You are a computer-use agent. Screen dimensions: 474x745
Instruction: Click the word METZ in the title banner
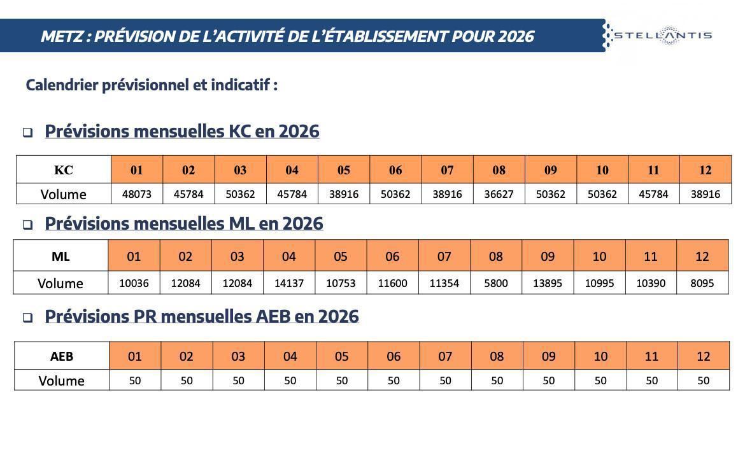pos(62,36)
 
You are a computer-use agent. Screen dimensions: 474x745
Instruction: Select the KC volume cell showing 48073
pos(136,194)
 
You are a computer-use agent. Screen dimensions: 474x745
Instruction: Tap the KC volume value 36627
pos(499,194)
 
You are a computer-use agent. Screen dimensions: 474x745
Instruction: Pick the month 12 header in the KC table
pos(705,170)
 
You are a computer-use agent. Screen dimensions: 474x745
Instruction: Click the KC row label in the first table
pos(63,170)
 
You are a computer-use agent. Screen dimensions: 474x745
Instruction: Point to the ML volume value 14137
pos(289,283)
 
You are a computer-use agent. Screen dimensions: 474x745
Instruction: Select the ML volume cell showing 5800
pos(496,283)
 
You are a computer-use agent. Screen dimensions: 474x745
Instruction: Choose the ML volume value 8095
pos(702,283)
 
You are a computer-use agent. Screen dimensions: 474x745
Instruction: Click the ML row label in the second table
pos(60,256)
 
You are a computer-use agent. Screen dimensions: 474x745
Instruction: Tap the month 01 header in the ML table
pos(134,256)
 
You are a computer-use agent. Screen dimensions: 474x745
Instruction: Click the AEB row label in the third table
pos(62,356)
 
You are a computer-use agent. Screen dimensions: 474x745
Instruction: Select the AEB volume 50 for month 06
pos(394,380)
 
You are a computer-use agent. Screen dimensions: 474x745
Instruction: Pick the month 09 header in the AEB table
pos(548,356)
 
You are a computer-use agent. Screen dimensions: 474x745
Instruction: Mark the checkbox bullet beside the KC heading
pos(28,133)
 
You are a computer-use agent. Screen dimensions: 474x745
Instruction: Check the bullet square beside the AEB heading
pos(28,318)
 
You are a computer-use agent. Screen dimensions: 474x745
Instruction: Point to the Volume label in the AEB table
pos(61,380)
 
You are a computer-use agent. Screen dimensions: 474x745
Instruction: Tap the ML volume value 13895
pos(548,283)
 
